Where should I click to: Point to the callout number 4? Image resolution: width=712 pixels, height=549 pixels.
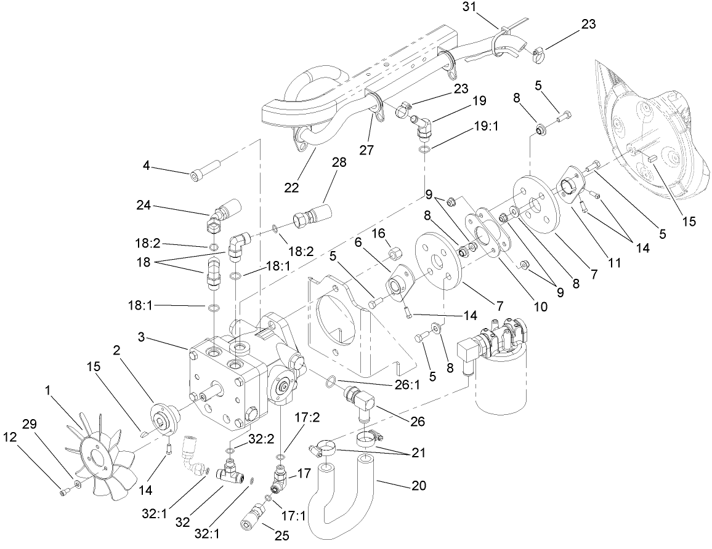[x=147, y=167]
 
